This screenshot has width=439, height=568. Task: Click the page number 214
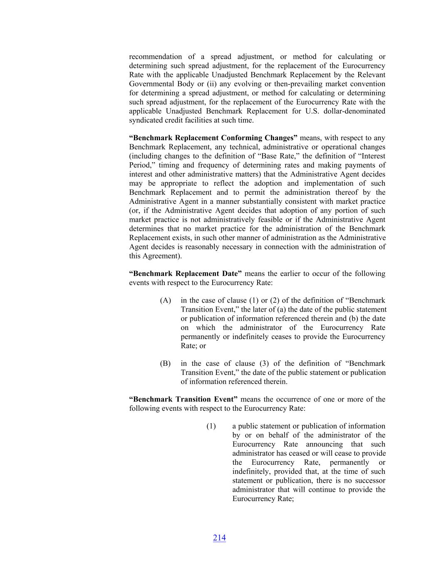click(219, 538)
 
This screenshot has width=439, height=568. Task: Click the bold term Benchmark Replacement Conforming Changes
click(213, 138)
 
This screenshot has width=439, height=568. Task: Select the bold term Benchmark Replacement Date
click(185, 273)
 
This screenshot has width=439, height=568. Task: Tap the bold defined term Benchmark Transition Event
click(184, 399)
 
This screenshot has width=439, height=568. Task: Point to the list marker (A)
click(165, 300)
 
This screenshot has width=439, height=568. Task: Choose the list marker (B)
click(165, 363)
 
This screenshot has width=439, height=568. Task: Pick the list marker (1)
click(211, 426)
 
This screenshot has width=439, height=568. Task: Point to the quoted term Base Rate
click(274, 156)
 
